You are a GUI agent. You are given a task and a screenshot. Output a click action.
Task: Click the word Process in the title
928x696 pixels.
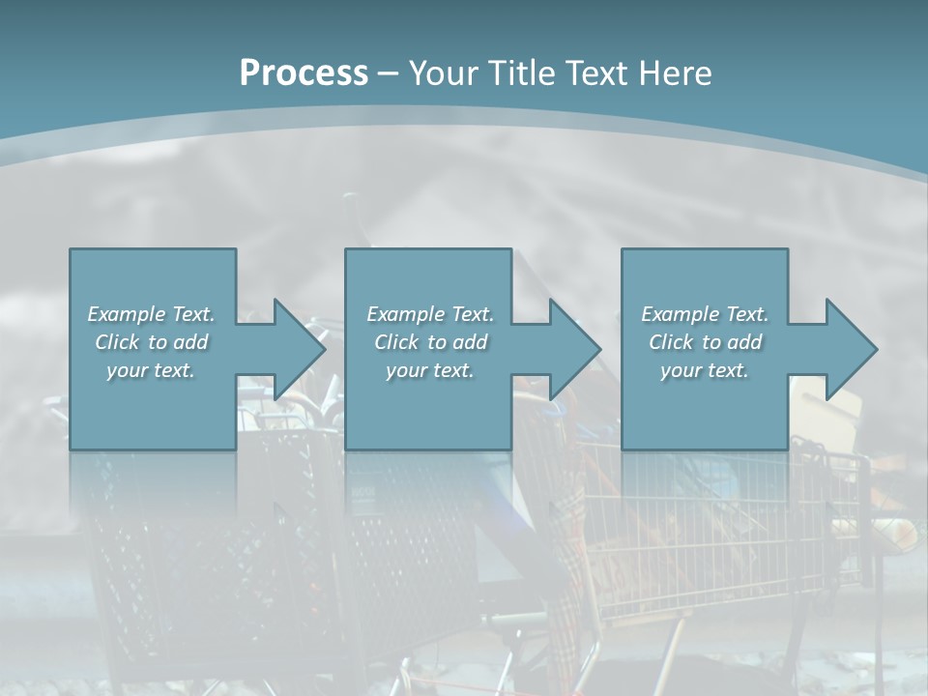coord(304,73)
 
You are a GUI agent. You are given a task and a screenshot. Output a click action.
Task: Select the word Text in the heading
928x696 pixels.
coord(595,73)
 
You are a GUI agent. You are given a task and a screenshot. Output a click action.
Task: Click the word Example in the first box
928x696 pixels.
coord(126,314)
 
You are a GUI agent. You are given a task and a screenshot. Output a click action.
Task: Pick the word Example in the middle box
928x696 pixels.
coord(405,314)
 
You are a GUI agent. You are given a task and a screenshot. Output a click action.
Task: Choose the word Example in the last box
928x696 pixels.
coord(680,314)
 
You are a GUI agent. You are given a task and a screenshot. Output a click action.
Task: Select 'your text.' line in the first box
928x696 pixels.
coord(151,370)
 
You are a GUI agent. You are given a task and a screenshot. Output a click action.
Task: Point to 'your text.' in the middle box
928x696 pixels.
coord(430,370)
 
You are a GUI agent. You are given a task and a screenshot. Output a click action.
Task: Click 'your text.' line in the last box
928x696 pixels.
coord(705,370)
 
